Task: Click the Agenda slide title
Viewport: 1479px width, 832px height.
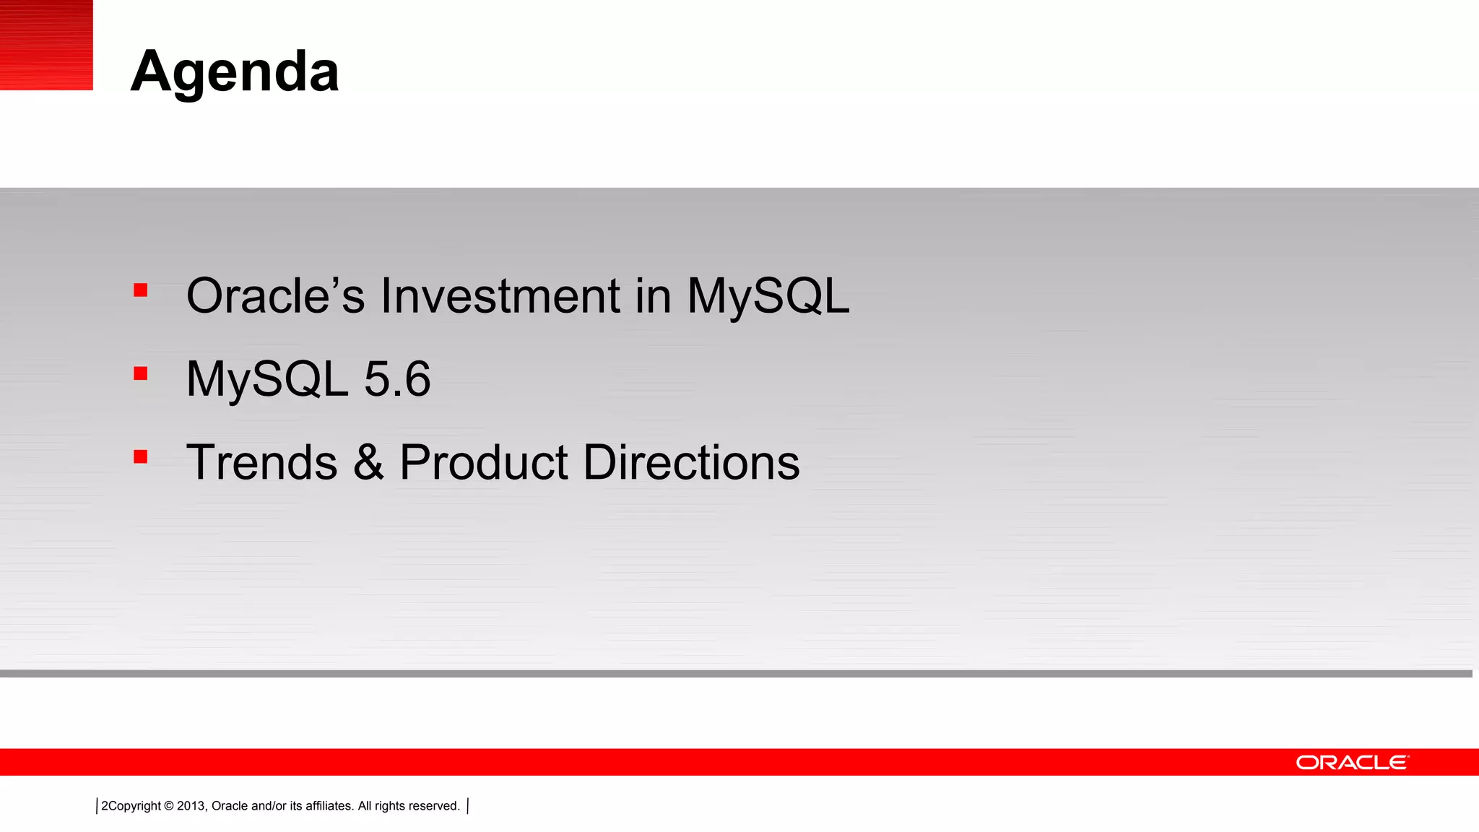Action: click(x=235, y=71)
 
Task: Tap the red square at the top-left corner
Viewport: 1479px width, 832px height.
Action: click(x=46, y=45)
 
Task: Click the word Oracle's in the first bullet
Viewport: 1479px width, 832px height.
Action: click(x=275, y=296)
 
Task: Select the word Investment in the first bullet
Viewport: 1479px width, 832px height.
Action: click(x=500, y=296)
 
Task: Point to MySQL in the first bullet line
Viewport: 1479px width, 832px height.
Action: click(x=768, y=298)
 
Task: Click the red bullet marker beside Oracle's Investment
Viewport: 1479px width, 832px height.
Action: click(x=141, y=290)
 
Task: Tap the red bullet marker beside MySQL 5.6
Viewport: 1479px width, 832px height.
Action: click(x=141, y=373)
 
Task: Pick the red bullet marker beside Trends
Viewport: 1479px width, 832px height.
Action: click(x=141, y=456)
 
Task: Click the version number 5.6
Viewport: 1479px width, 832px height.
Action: click(x=397, y=379)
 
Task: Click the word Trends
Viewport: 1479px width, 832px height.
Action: click(x=261, y=462)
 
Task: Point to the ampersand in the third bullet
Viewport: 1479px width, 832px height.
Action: click(x=368, y=462)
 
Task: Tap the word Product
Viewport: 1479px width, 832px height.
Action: click(x=484, y=462)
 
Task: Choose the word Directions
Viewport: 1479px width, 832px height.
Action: click(x=691, y=462)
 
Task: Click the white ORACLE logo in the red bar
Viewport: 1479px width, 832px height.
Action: click(x=1352, y=763)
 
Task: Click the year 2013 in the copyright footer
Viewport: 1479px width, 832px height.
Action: click(x=191, y=806)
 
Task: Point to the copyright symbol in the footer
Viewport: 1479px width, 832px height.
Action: click(x=169, y=806)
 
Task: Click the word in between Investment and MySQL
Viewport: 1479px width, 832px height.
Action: click(x=653, y=296)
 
